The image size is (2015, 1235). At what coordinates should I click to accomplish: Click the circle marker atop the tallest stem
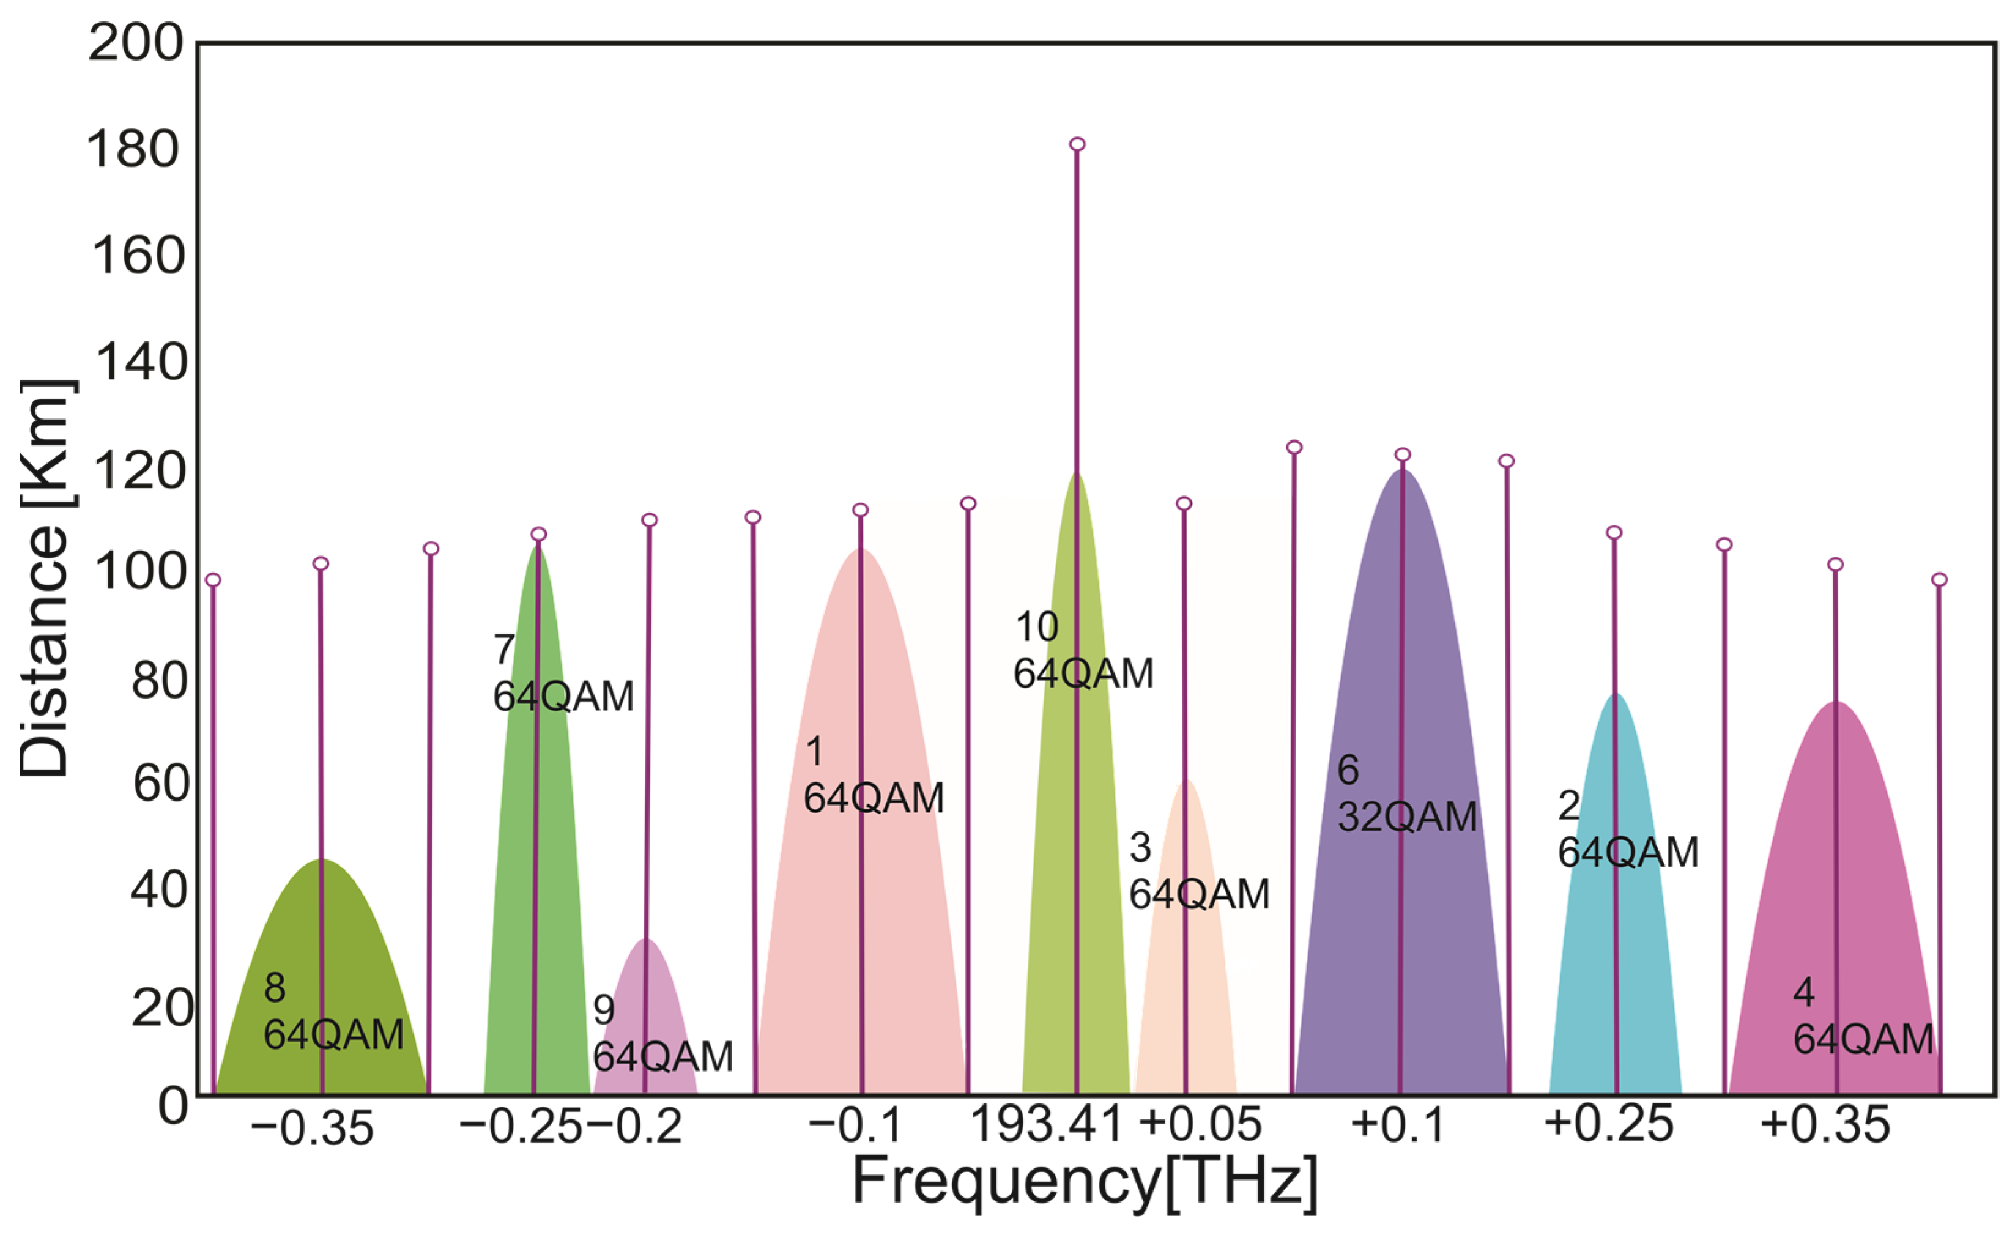coord(1077,145)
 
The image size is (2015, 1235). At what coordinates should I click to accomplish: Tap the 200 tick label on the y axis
coord(136,43)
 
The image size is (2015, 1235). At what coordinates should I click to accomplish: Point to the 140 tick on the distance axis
coord(141,362)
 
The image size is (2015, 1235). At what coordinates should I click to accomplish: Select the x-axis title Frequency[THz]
coord(1085,1182)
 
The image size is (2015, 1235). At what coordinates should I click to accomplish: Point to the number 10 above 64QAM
coord(1036,628)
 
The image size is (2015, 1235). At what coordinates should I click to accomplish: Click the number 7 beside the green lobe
coord(504,650)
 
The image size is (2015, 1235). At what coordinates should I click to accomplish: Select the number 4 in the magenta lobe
coord(1803,993)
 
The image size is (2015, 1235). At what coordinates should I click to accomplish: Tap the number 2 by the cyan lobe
coord(1568,806)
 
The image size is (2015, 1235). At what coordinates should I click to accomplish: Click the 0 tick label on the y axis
coord(173,1107)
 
